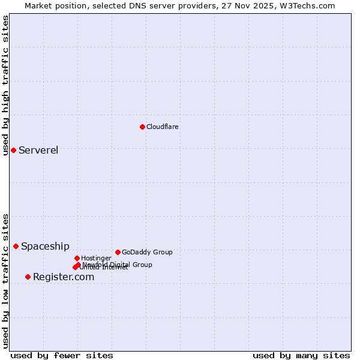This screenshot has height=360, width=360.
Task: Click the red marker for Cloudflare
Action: [x=142, y=127]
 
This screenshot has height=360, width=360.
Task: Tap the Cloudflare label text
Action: [x=163, y=127]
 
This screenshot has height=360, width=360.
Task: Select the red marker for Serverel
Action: [x=13, y=150]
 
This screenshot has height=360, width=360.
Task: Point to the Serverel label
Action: [x=38, y=150]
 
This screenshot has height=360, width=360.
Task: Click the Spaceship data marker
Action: [x=16, y=246]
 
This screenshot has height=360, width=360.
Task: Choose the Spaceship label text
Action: [x=45, y=246]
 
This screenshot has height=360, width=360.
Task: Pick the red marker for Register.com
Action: [x=28, y=277]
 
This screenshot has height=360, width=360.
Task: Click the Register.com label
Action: [x=64, y=277]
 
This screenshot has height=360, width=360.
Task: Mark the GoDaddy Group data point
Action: [x=118, y=252]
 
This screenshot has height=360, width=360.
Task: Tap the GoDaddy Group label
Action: [x=147, y=252]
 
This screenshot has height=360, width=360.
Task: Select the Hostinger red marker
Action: [x=77, y=258]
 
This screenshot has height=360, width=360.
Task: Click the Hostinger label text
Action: [x=96, y=258]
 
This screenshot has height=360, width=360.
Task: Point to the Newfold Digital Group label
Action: [x=118, y=265]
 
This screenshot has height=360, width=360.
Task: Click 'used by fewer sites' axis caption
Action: [x=62, y=355]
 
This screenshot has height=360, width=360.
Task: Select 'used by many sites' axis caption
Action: [x=301, y=355]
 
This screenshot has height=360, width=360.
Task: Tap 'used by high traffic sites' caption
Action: [x=5, y=85]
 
